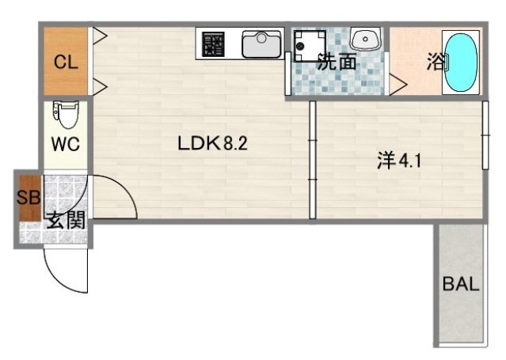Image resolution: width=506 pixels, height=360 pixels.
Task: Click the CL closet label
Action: [66, 63]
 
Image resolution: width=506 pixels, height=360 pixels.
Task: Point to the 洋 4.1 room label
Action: [399, 161]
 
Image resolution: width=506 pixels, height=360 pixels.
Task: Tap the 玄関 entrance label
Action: [64, 221]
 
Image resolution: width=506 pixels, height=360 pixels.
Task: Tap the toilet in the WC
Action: [65, 115]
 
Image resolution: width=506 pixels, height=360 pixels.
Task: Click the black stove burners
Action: [213, 44]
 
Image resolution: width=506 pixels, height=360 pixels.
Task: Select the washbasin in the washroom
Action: [365, 40]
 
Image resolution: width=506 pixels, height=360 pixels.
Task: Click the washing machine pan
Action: [310, 46]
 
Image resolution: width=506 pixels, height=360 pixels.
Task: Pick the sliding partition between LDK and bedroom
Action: [313, 158]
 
